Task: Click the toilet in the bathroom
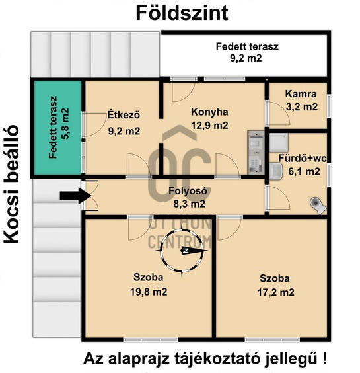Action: tap(318, 204)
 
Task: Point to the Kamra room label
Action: tap(296, 95)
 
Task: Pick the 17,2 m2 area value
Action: tap(275, 292)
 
